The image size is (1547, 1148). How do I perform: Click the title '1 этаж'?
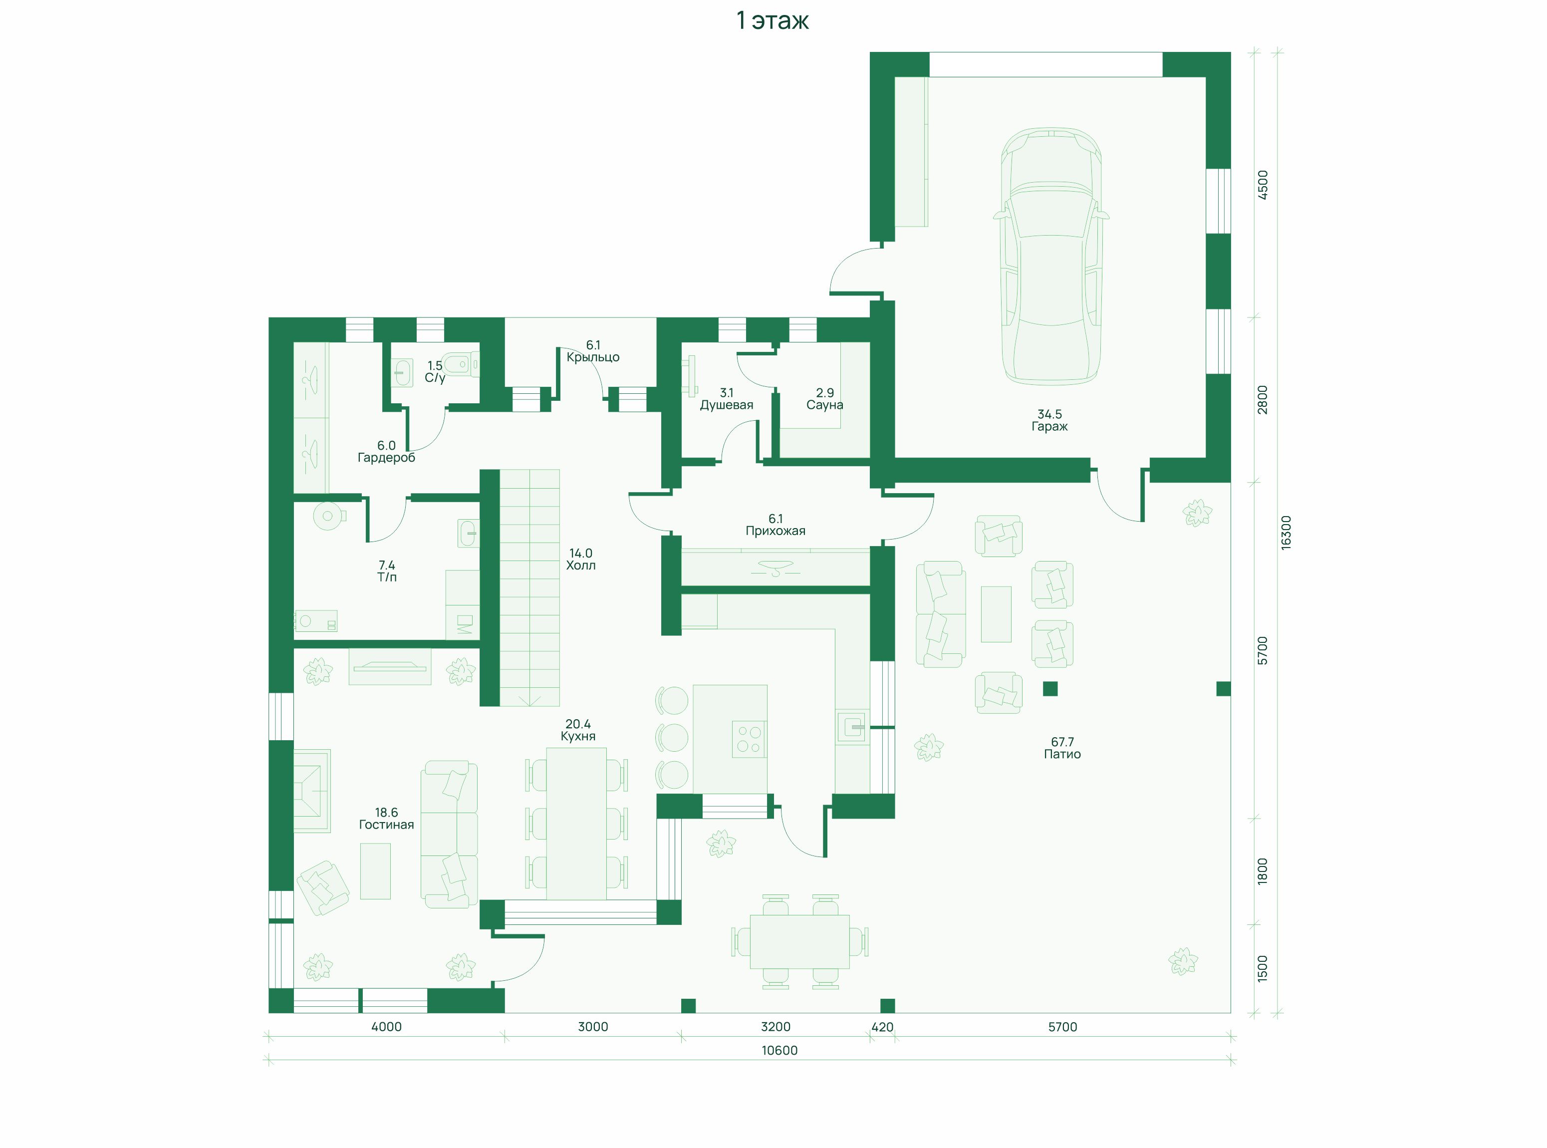pyautogui.click(x=773, y=21)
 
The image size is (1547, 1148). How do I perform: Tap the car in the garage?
pyautogui.click(x=1050, y=255)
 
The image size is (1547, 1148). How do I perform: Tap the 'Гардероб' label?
pyautogui.click(x=386, y=458)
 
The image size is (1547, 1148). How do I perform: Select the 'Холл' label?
pyautogui.click(x=581, y=565)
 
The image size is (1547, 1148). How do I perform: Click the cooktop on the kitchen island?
pyautogui.click(x=749, y=739)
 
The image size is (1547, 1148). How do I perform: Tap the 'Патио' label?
pyautogui.click(x=1062, y=754)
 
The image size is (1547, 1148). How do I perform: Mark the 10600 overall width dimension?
pyautogui.click(x=779, y=1051)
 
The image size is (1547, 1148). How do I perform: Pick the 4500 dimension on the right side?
pyautogui.click(x=1263, y=185)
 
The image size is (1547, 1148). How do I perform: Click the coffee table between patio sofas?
pyautogui.click(x=996, y=613)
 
